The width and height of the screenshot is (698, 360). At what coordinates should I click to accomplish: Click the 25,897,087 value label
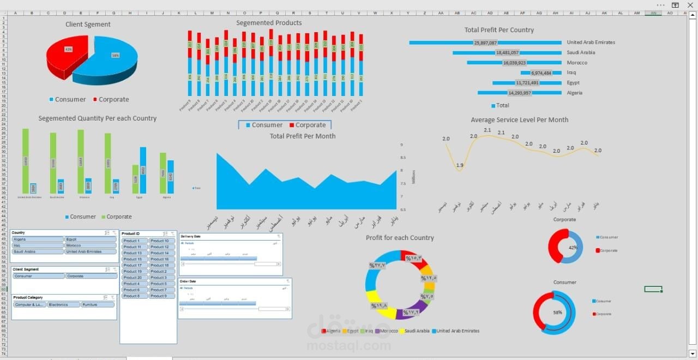pyautogui.click(x=485, y=43)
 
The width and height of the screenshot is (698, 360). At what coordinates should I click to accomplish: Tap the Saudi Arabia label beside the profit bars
pyautogui.click(x=581, y=52)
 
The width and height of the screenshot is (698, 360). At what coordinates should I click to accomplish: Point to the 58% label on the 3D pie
pyautogui.click(x=115, y=55)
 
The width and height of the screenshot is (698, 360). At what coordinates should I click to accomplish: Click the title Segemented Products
pyautogui.click(x=269, y=23)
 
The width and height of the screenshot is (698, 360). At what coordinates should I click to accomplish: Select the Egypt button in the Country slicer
pyautogui.click(x=91, y=239)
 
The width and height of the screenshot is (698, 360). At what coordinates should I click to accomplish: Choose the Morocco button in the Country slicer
pyautogui.click(x=91, y=245)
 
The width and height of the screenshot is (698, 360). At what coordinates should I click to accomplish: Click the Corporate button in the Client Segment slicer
pyautogui.click(x=91, y=276)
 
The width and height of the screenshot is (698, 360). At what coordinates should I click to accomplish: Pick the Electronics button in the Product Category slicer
pyautogui.click(x=63, y=305)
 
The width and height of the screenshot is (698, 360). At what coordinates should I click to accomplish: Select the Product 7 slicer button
pyautogui.click(x=162, y=290)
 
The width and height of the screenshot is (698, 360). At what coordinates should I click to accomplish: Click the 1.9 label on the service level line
pyautogui.click(x=460, y=165)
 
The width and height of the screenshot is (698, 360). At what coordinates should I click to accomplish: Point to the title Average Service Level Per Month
pyautogui.click(x=519, y=120)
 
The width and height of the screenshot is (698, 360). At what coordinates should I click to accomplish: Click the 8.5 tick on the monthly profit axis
pyautogui.click(x=402, y=158)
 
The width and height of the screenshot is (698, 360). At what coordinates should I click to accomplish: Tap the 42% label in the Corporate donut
pyautogui.click(x=573, y=247)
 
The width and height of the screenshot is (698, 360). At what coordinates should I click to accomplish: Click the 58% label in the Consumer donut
pyautogui.click(x=557, y=313)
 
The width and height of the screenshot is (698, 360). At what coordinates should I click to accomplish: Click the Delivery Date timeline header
pyautogui.click(x=191, y=236)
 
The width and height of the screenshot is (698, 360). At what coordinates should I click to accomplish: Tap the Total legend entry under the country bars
pyautogui.click(x=500, y=105)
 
